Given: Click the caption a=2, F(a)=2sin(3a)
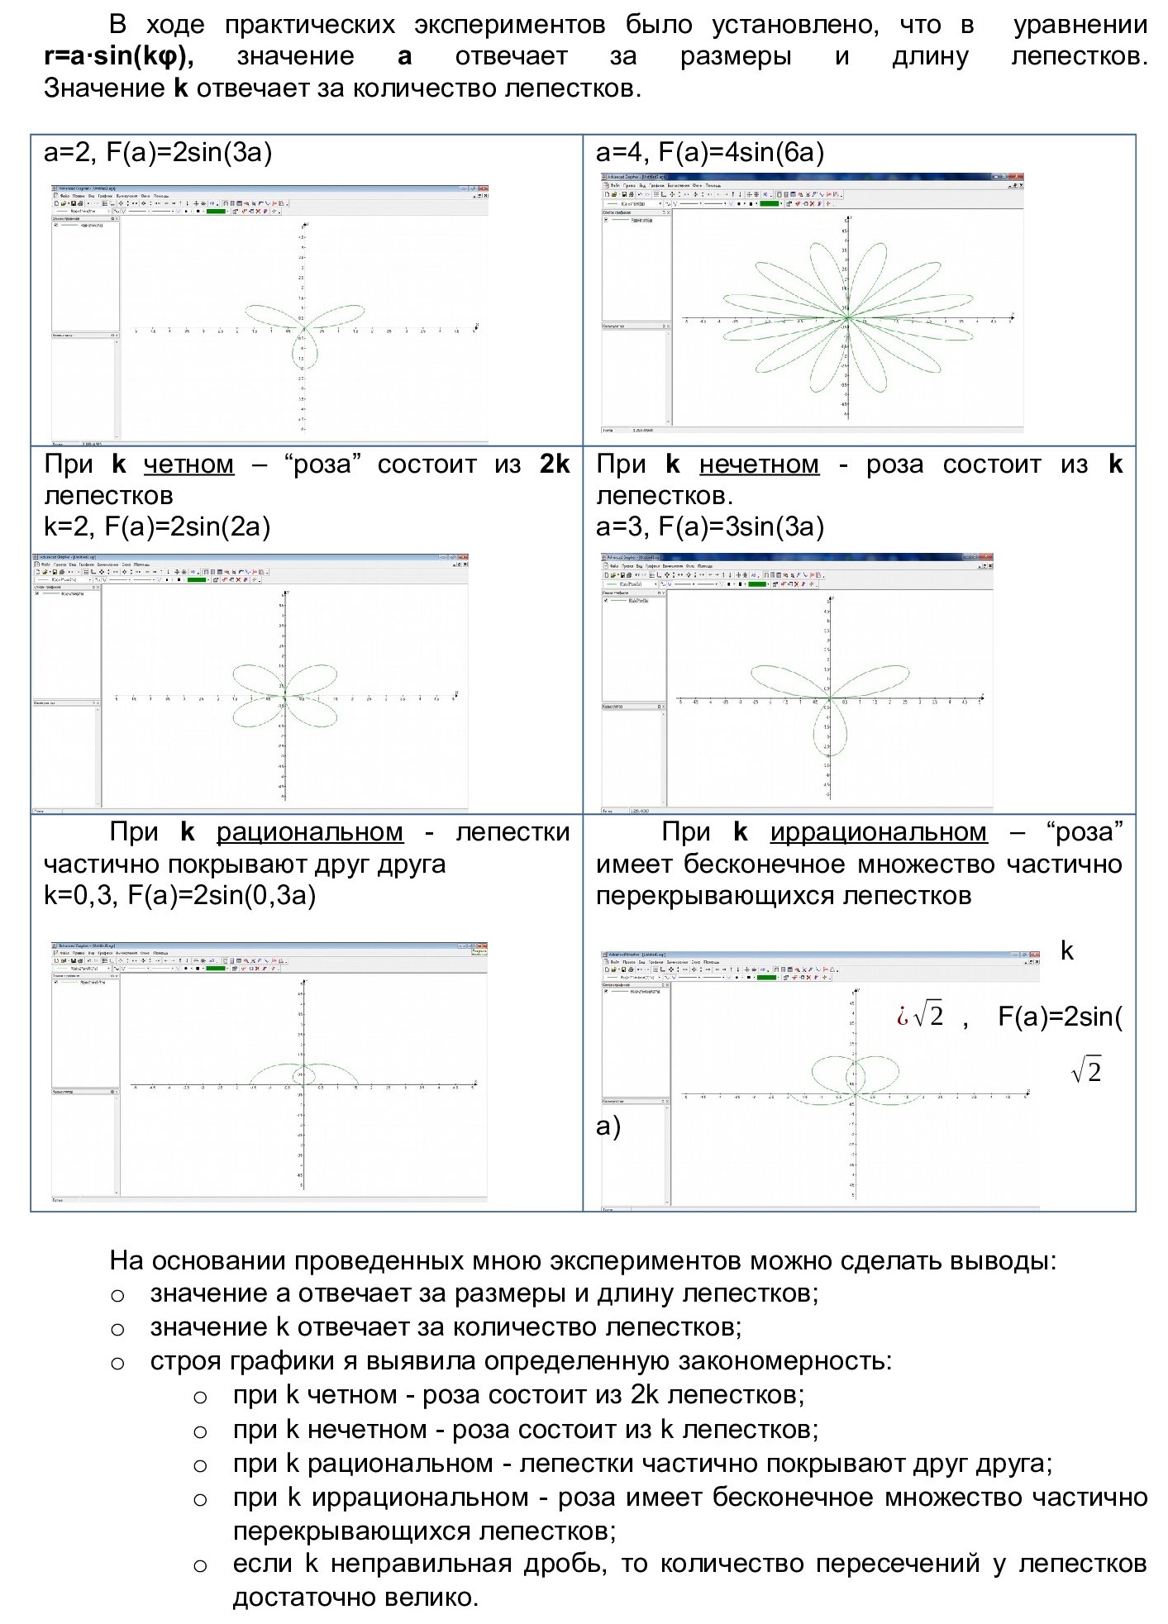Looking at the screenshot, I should [158, 153].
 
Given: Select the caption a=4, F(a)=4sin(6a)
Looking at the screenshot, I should [710, 153].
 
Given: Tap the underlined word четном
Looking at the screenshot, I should [188, 464].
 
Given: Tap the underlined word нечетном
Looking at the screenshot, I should [759, 464].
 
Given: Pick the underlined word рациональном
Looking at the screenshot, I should [310, 832].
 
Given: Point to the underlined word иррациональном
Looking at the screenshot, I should [878, 832].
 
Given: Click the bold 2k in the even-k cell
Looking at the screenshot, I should [555, 464].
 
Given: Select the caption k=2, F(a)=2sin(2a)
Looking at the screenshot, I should [157, 527].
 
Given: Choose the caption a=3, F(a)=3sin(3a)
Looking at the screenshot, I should [710, 527].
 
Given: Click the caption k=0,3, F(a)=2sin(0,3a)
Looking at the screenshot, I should [179, 896].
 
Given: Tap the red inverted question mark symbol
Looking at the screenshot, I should [902, 1017].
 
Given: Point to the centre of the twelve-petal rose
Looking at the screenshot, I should [847, 317].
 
